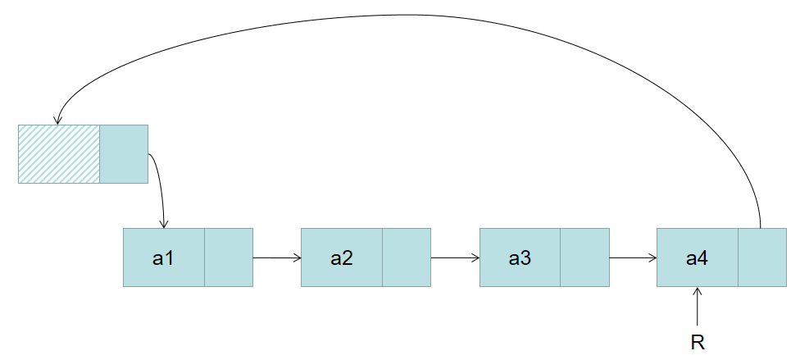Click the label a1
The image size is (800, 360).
163,258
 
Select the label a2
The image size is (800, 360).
342,258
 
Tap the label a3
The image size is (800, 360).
520,258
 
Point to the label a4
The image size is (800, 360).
697,258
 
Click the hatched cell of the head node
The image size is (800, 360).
59,153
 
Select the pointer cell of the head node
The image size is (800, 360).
124,153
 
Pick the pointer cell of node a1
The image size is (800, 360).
229,257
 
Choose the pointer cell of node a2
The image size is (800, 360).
407,257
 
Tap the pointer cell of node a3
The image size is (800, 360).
585,257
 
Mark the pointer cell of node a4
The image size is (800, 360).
762,257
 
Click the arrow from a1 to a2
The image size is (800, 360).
277,257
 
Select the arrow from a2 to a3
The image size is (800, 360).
455,257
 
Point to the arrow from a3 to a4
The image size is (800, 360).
634,257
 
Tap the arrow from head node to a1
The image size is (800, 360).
161,189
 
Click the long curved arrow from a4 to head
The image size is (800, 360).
410,15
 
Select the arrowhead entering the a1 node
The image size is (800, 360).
165,224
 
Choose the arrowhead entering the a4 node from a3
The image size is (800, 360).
652,257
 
